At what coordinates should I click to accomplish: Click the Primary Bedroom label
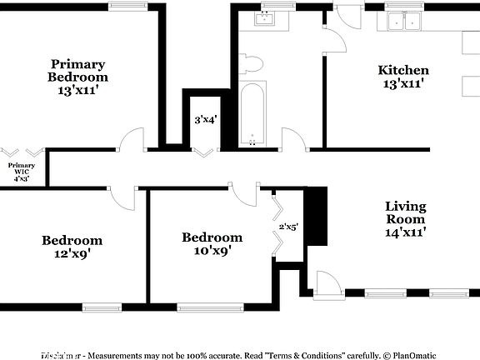pyautogui.click(x=77, y=77)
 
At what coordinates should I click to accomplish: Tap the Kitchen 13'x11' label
pyautogui.click(x=403, y=77)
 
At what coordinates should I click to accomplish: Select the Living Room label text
pyautogui.click(x=406, y=218)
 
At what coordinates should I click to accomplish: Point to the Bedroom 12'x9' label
pyautogui.click(x=72, y=247)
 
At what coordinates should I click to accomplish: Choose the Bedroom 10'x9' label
pyautogui.click(x=212, y=243)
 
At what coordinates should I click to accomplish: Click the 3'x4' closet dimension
pyautogui.click(x=205, y=119)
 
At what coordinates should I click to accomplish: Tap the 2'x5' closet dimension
pyautogui.click(x=289, y=226)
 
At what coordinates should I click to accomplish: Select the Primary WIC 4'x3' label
pyautogui.click(x=22, y=172)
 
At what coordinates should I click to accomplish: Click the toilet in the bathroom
pyautogui.click(x=251, y=62)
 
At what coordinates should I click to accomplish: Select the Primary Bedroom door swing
pyautogui.click(x=132, y=140)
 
